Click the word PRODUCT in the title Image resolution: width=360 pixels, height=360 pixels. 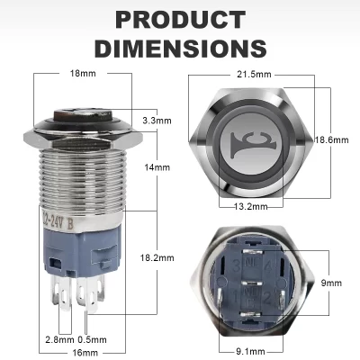pyautogui.click(x=180, y=20)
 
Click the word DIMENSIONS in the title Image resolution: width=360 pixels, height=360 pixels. pyautogui.click(x=180, y=47)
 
